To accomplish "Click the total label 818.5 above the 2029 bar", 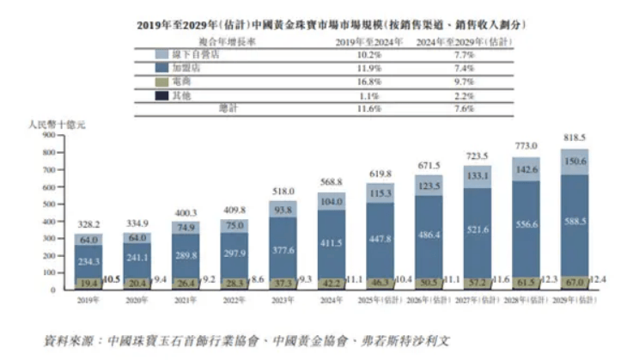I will point(573,137).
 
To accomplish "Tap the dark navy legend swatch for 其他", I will point(161,95).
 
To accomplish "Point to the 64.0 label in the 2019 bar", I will point(88,240).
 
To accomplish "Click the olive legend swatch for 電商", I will point(161,82).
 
